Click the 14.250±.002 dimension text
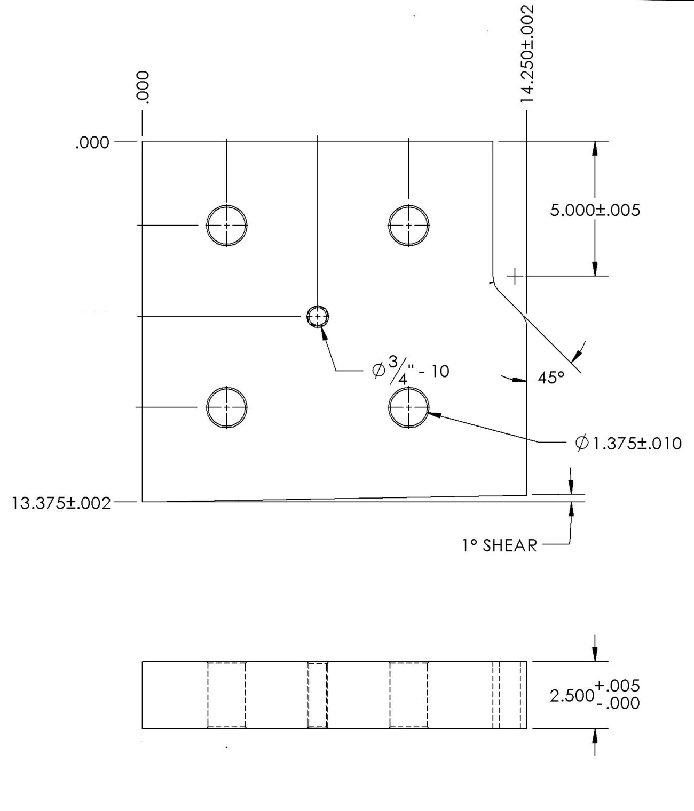[x=527, y=54]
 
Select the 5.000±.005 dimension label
[x=595, y=210]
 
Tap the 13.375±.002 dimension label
[x=61, y=503]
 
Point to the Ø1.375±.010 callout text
[x=628, y=444]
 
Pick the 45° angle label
[x=551, y=378]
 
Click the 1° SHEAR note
[x=499, y=546]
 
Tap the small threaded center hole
[x=318, y=316]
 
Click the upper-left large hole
[x=227, y=226]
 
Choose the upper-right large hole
[x=408, y=226]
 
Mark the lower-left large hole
[x=227, y=407]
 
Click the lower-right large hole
[x=408, y=407]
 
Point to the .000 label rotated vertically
[x=144, y=87]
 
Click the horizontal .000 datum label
[x=92, y=142]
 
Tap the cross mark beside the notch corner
[x=515, y=277]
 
